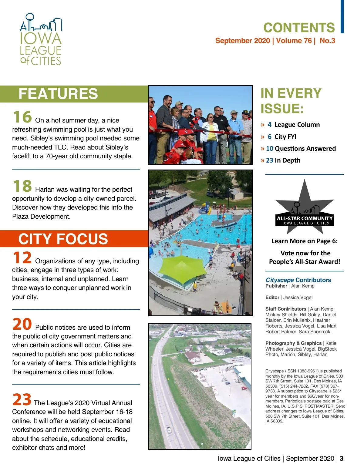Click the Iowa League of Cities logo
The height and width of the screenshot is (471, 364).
(x=41, y=39)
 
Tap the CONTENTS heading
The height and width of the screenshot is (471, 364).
(x=299, y=28)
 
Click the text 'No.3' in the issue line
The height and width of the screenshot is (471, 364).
(x=327, y=41)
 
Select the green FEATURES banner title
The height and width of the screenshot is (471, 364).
(x=58, y=94)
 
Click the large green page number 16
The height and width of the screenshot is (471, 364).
(x=22, y=117)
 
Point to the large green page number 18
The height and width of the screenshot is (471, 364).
(x=22, y=186)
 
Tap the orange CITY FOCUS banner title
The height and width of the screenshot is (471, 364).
(x=63, y=239)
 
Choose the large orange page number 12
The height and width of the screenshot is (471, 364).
(x=22, y=258)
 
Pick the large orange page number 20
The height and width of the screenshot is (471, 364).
(x=22, y=324)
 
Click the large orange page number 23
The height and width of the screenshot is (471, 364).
(x=22, y=400)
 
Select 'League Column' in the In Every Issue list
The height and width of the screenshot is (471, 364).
(x=297, y=125)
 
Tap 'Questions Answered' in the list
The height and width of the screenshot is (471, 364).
(x=305, y=149)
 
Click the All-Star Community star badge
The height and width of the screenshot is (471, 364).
(x=305, y=209)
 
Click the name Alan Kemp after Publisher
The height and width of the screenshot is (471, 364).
(x=303, y=286)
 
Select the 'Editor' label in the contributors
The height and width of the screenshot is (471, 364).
(x=272, y=298)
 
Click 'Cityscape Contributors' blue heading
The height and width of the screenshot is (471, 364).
(x=298, y=280)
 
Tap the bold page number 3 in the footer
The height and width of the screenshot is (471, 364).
(x=342, y=459)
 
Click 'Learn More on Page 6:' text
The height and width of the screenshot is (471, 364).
(x=305, y=241)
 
